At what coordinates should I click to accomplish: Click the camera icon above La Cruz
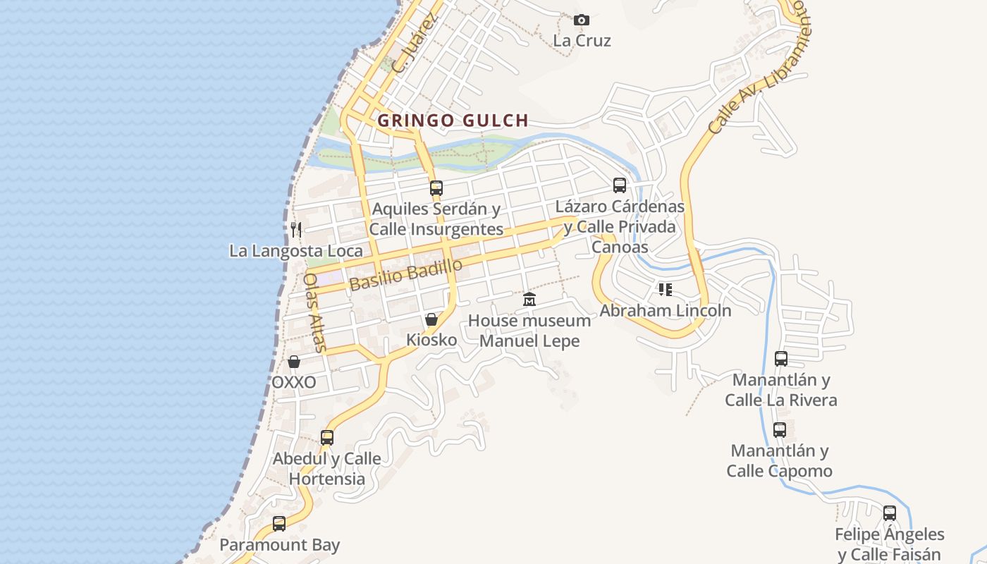click(x=582, y=20)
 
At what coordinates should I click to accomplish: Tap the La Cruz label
click(x=582, y=40)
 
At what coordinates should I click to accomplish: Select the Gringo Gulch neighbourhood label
click(x=453, y=121)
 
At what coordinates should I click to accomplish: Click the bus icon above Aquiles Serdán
click(x=436, y=188)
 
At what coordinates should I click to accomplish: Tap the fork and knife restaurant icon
click(x=296, y=229)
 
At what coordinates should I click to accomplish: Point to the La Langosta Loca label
click(x=296, y=251)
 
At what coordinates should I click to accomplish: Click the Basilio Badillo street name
click(x=405, y=274)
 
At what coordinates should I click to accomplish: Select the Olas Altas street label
click(x=314, y=312)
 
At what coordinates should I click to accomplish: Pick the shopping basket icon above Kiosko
click(x=431, y=319)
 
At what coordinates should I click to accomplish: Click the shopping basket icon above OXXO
click(x=294, y=362)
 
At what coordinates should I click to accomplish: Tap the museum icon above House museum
click(x=529, y=300)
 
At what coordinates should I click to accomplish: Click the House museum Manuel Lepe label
click(x=529, y=331)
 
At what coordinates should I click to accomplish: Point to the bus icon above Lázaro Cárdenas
click(x=620, y=185)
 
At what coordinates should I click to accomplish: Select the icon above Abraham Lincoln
click(x=666, y=289)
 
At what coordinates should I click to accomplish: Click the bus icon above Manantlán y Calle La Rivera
click(x=781, y=359)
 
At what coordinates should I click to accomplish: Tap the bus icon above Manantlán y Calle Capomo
click(x=780, y=430)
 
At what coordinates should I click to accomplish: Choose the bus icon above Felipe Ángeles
click(x=890, y=513)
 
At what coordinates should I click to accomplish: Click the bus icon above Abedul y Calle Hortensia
click(x=327, y=438)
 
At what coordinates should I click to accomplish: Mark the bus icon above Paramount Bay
click(x=279, y=524)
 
